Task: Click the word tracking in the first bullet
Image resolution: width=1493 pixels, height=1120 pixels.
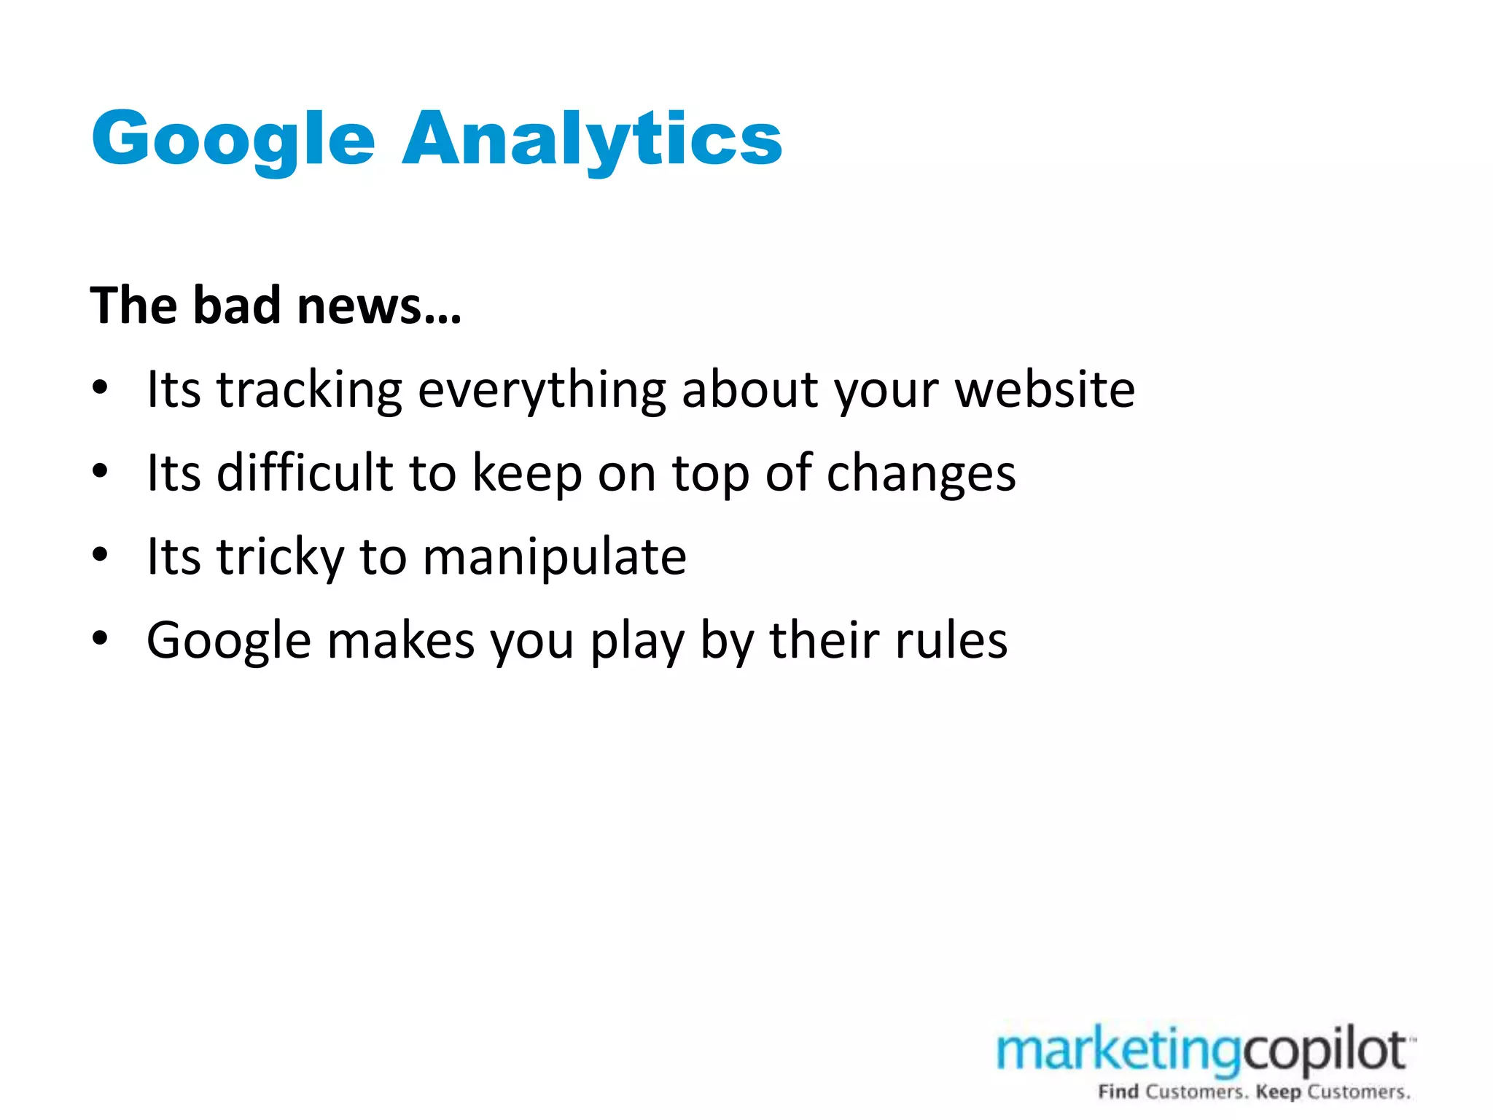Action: (x=309, y=390)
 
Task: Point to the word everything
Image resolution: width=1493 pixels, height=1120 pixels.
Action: (x=542, y=390)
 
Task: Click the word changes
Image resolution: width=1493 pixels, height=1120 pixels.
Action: (x=921, y=474)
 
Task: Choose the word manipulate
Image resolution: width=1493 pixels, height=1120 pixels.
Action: (x=554, y=557)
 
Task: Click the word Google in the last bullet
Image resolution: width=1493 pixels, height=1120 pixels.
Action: (x=229, y=640)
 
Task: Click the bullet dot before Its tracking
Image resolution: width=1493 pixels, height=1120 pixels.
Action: (x=100, y=389)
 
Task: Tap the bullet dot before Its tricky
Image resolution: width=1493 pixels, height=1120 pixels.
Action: (x=100, y=556)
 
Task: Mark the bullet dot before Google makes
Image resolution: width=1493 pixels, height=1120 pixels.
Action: (x=100, y=639)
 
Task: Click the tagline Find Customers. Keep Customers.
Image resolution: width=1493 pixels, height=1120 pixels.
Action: (x=1254, y=1092)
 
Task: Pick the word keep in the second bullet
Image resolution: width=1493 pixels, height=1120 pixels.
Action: (x=527, y=474)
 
